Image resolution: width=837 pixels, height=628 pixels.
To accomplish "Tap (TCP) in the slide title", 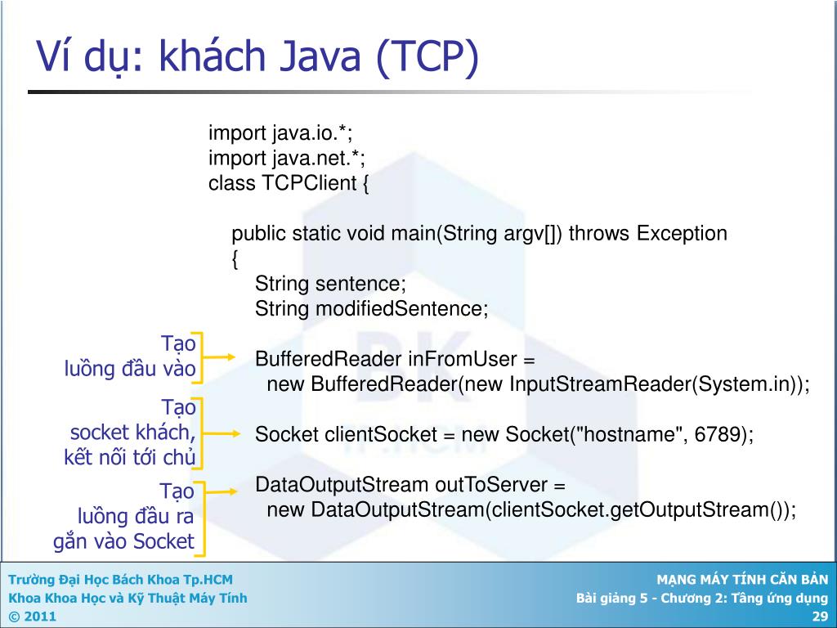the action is coord(426,58).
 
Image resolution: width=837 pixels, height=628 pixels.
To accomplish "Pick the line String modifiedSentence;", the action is coord(371,309).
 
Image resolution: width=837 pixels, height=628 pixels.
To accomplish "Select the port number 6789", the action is coord(717,435).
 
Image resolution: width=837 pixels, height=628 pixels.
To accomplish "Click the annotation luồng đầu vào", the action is coord(131,369).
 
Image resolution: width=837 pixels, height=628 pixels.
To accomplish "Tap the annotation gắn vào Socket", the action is coord(124,541).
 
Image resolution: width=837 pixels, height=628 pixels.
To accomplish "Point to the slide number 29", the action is coord(821,617).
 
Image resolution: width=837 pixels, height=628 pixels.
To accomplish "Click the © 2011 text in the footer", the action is coord(33,617).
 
